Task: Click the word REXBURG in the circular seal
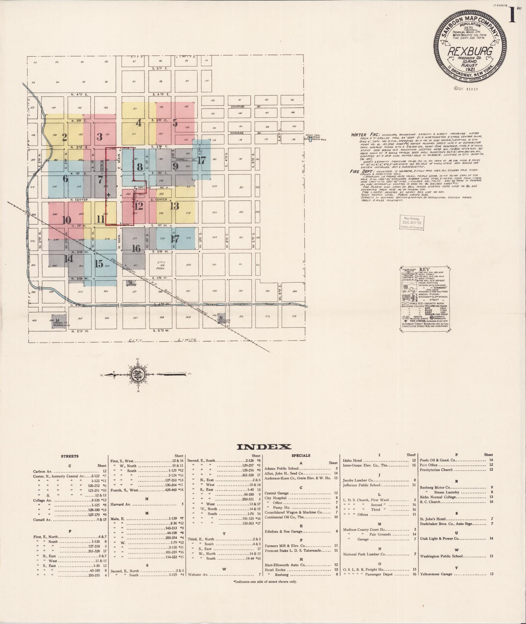click(470, 51)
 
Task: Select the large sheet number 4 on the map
click(139, 123)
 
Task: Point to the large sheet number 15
click(99, 264)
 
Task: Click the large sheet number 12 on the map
click(139, 206)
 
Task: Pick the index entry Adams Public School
click(281, 468)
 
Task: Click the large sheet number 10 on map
click(66, 220)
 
